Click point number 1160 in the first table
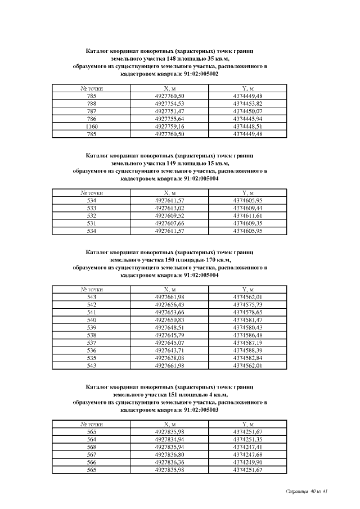pyautogui.click(x=92, y=127)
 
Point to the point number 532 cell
pyautogui.click(x=92, y=215)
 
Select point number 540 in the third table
pyautogui.click(x=92, y=319)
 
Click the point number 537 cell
pyautogui.click(x=92, y=343)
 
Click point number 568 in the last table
pyautogui.click(x=92, y=447)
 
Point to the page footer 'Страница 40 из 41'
pyautogui.click(x=306, y=492)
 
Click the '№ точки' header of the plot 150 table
pyautogui.click(x=92, y=289)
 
